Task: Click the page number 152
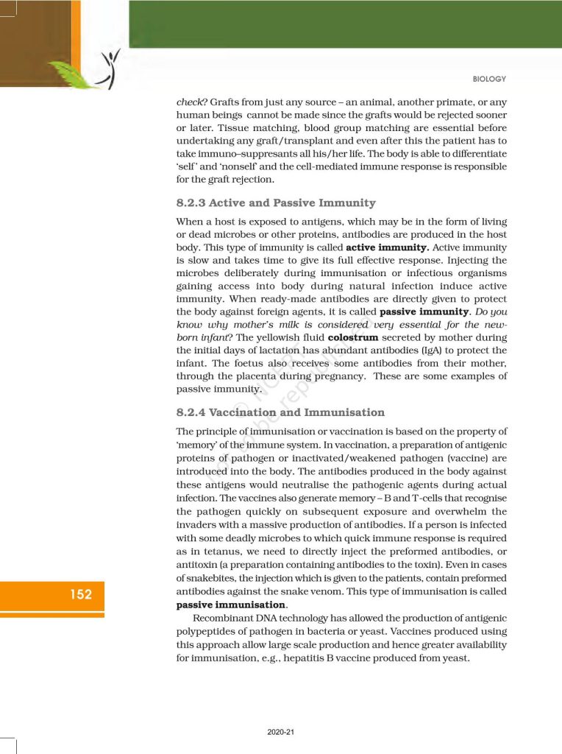[x=81, y=593]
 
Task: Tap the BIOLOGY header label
[x=488, y=79]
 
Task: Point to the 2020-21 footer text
[x=281, y=733]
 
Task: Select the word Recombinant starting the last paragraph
[x=221, y=618]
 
